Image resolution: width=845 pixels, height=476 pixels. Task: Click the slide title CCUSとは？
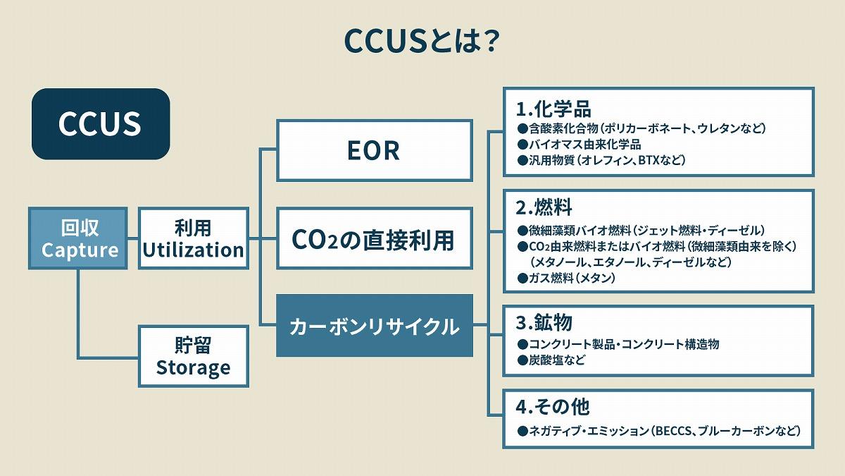pos(422,40)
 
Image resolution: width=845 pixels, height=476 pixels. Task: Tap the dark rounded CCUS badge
pos(100,123)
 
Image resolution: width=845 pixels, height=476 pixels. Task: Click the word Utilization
pos(193,250)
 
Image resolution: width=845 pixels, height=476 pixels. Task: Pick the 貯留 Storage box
pos(193,356)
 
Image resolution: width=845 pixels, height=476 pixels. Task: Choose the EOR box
pos(374,149)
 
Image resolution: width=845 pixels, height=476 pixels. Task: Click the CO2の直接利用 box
pos(374,239)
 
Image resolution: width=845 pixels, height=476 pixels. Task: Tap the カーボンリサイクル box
pos(374,327)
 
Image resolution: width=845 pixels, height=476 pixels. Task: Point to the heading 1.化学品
pos(553,109)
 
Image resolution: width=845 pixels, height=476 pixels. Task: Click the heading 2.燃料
pos(544,208)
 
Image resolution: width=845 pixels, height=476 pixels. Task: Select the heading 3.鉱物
pos(544,323)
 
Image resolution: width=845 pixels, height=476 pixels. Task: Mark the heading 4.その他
pos(553,407)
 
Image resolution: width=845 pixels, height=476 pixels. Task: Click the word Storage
pos(193,368)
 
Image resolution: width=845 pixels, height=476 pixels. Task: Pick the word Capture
pos(79,250)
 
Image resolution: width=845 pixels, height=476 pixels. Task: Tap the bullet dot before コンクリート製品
pos(522,345)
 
